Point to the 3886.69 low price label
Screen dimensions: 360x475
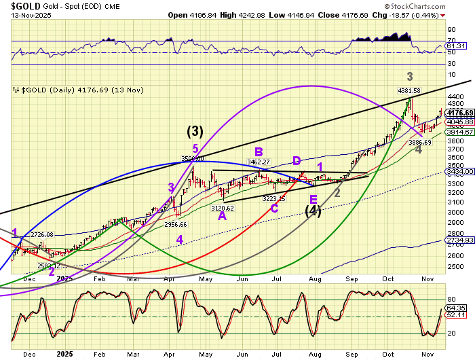click(419, 143)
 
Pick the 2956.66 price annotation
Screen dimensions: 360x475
click(175, 224)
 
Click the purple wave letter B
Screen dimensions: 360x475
click(259, 152)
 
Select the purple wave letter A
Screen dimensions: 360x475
click(222, 216)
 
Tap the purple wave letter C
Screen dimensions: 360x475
click(273, 208)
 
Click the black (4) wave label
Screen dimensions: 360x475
click(313, 211)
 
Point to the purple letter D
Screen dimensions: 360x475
click(297, 161)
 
